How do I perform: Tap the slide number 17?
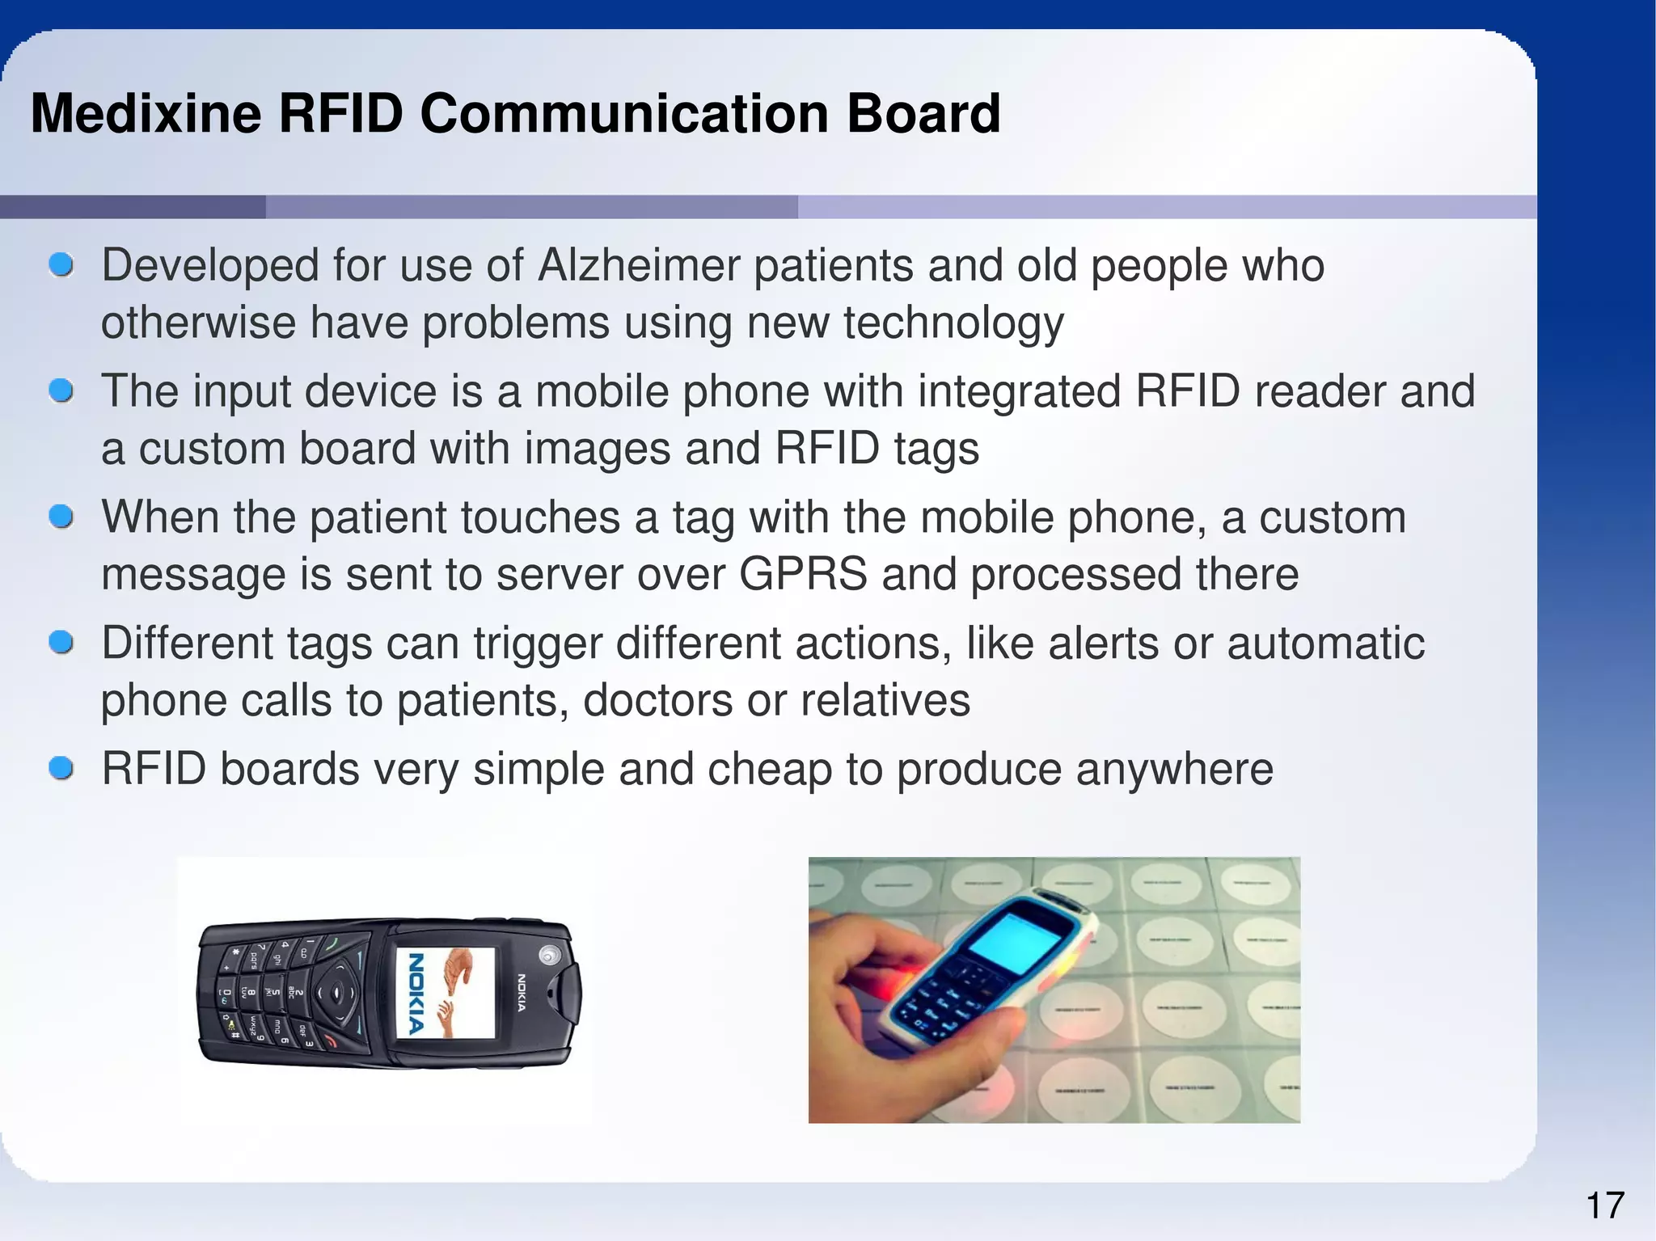click(1604, 1205)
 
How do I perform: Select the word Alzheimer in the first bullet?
click(639, 265)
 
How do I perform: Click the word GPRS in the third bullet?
click(803, 574)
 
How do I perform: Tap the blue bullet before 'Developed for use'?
click(61, 264)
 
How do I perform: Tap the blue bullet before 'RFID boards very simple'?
click(61, 768)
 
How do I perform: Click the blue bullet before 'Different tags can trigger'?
click(61, 643)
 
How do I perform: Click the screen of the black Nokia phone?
click(446, 993)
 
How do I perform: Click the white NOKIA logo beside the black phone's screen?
click(522, 993)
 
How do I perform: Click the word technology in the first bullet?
click(953, 323)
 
